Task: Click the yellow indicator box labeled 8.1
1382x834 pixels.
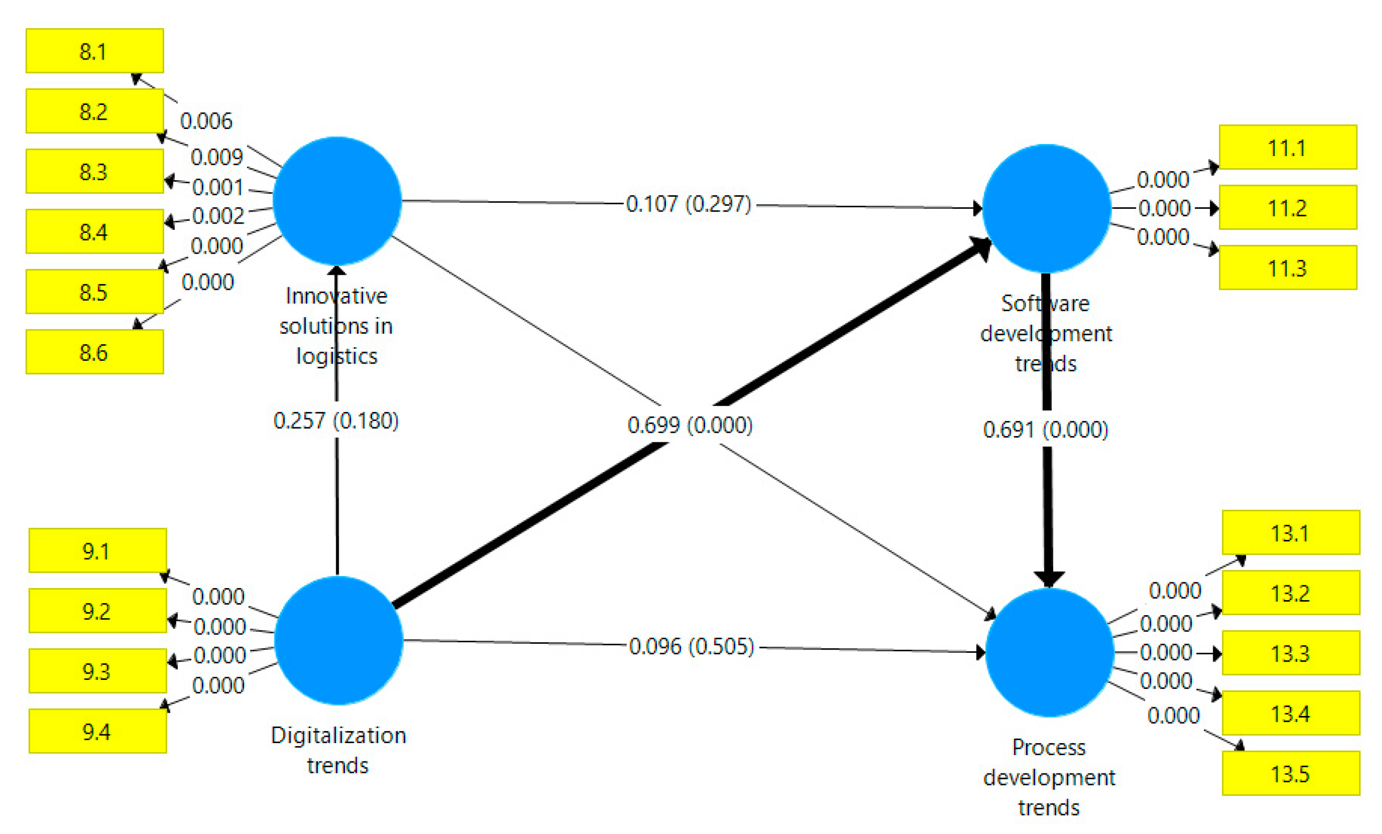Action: pyautogui.click(x=95, y=51)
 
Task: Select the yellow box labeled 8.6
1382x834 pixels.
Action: pyautogui.click(x=95, y=352)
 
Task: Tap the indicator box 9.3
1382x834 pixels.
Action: pyautogui.click(x=98, y=671)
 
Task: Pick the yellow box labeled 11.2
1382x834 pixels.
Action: pyautogui.click(x=1288, y=208)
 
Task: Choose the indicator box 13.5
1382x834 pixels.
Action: pyautogui.click(x=1291, y=773)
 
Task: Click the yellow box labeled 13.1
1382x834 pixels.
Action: pyautogui.click(x=1291, y=533)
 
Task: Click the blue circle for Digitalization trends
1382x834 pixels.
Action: pyautogui.click(x=338, y=640)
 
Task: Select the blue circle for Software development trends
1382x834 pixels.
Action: pyautogui.click(x=1046, y=208)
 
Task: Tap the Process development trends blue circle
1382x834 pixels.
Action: pyautogui.click(x=1049, y=652)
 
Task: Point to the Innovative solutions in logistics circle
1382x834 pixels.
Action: pyautogui.click(x=337, y=201)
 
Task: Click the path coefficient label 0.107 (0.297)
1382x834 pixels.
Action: pyautogui.click(x=688, y=204)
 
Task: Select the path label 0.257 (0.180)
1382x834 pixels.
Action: pyautogui.click(x=336, y=420)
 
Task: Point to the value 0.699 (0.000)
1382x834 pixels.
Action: pyautogui.click(x=690, y=425)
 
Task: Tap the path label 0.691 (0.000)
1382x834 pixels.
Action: pyautogui.click(x=1045, y=429)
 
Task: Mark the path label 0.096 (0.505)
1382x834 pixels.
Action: pyautogui.click(x=692, y=646)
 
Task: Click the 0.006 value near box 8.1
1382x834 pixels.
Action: pyautogui.click(x=206, y=121)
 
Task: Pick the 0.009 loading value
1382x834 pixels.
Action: pyautogui.click(x=216, y=157)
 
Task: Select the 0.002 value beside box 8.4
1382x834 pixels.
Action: pyautogui.click(x=218, y=216)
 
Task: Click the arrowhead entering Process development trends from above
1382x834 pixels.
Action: pyautogui.click(x=1049, y=579)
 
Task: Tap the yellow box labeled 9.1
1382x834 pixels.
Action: pyautogui.click(x=98, y=550)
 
